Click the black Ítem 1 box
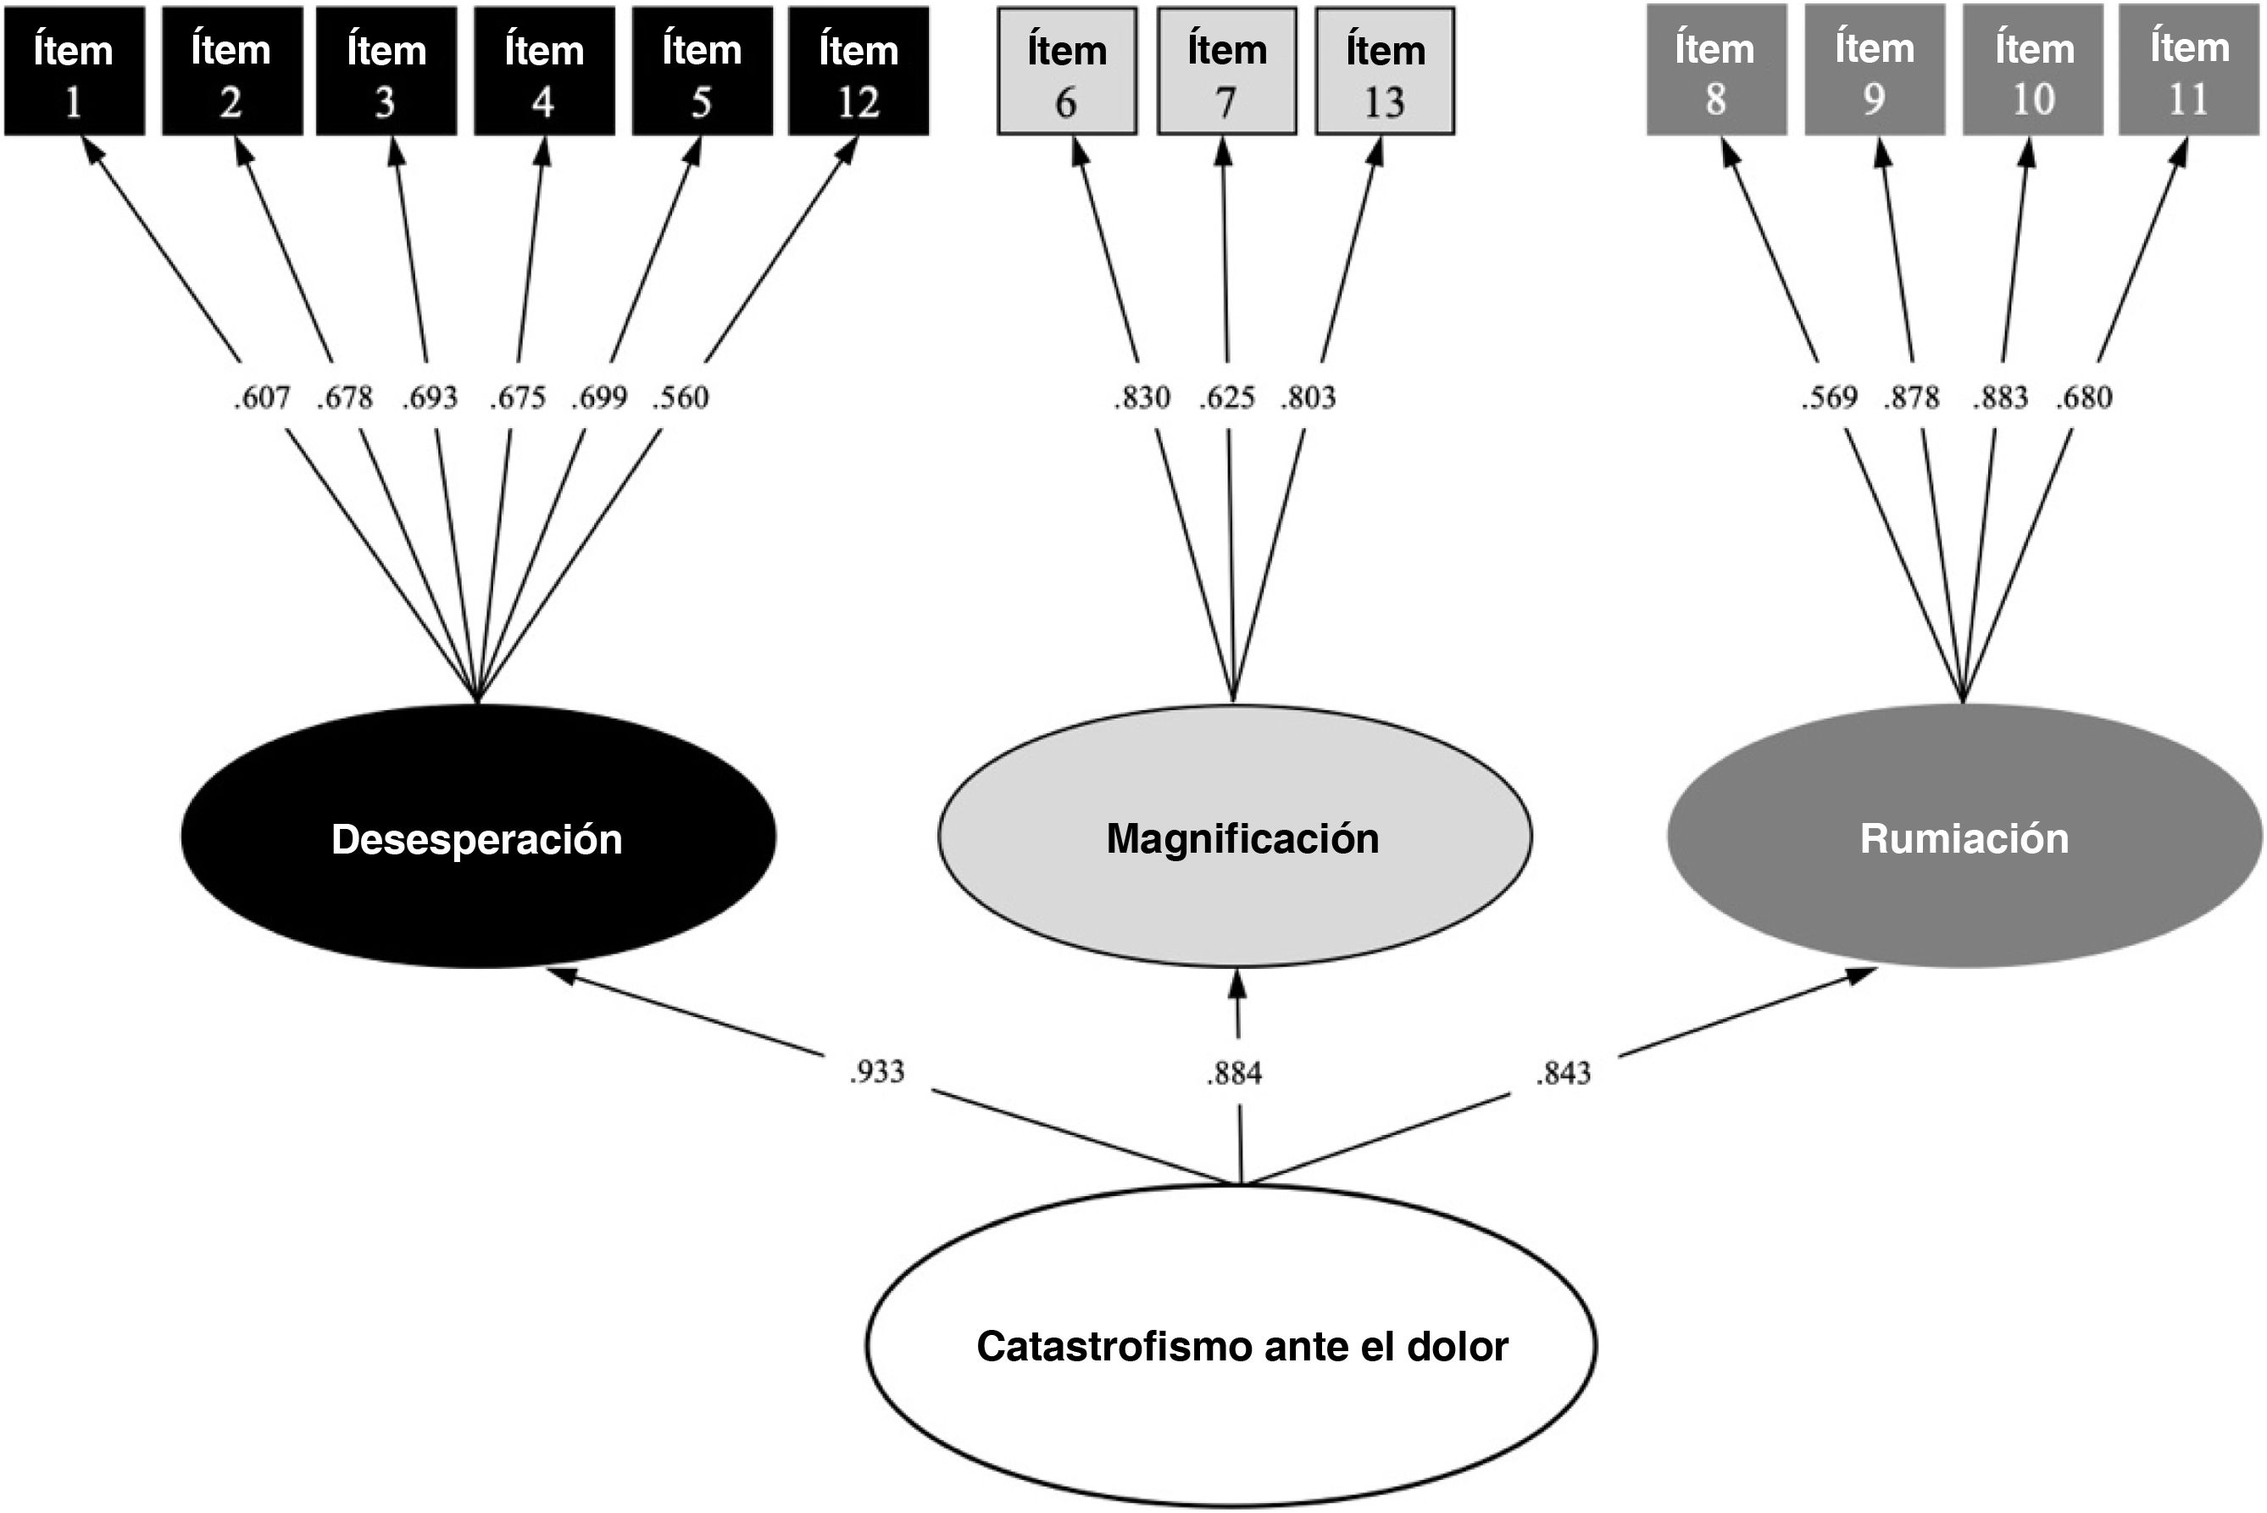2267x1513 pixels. pyautogui.click(x=75, y=71)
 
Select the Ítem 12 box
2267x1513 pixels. pyautogui.click(x=858, y=71)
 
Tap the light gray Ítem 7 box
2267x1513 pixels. pyautogui.click(x=1227, y=71)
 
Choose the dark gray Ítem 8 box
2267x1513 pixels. pyautogui.click(x=1716, y=70)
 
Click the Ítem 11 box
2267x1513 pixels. pyautogui.click(x=2188, y=70)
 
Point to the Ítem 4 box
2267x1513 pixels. pyautogui.click(x=544, y=71)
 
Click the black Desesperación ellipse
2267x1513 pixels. pyautogui.click(x=479, y=837)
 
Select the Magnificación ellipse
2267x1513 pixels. pyautogui.click(x=1235, y=836)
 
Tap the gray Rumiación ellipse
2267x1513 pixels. pyautogui.click(x=1964, y=836)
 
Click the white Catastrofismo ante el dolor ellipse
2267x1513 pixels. pyautogui.click(x=1231, y=1345)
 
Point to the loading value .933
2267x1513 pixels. pyautogui.click(x=877, y=1071)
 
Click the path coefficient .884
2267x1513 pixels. pyautogui.click(x=1234, y=1073)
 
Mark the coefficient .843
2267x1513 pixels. pyautogui.click(x=1563, y=1073)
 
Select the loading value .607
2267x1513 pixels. pyautogui.click(x=261, y=398)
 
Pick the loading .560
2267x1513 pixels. pyautogui.click(x=680, y=398)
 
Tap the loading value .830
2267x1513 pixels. pyautogui.click(x=1142, y=398)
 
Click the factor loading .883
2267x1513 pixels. pyautogui.click(x=2001, y=398)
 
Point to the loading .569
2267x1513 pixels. pyautogui.click(x=1829, y=398)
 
